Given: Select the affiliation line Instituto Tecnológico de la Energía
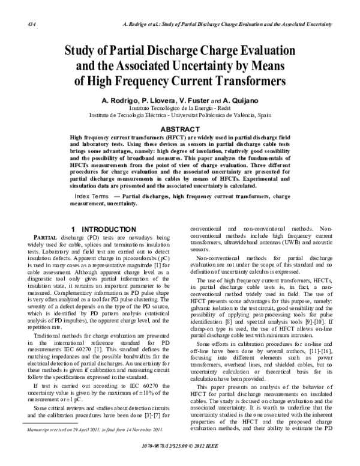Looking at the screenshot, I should pos(180,107).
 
